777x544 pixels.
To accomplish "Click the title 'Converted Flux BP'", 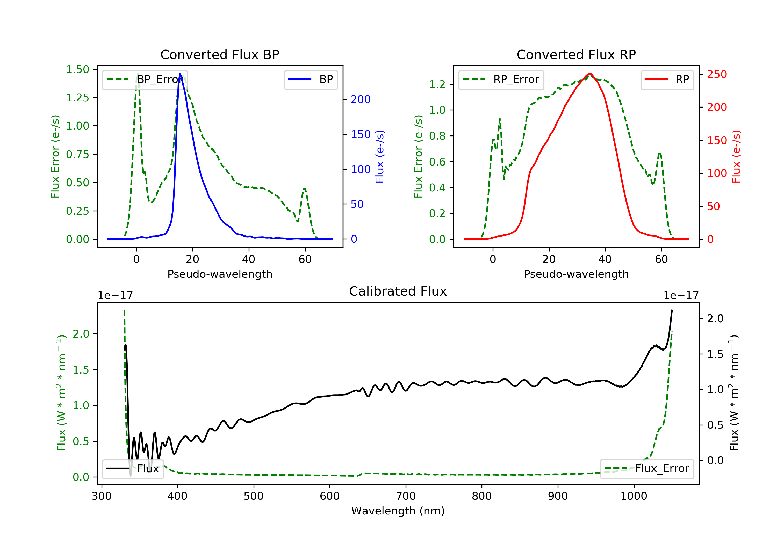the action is pos(220,54).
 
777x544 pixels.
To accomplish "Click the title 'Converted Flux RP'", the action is pos(576,54).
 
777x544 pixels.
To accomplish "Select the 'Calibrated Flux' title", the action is pos(398,291).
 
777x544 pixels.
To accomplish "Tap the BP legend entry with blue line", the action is pos(311,79).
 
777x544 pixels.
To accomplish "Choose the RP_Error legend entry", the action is pos(501,79).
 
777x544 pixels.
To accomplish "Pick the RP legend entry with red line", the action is pos(667,79).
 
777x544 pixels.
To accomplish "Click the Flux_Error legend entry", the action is pos(647,469).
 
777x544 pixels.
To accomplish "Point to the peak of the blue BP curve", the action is pos(180,74).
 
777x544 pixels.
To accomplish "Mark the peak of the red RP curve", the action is pos(590,74).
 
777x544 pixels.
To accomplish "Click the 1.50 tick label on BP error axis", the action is pos(77,69).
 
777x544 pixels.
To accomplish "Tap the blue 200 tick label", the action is pos(361,99).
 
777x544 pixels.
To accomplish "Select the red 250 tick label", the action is pos(717,74).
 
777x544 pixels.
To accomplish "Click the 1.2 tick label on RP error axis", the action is pos(437,84).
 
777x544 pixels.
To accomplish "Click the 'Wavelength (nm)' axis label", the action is pos(398,511).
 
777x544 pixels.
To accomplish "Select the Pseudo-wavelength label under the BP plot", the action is pos(220,274).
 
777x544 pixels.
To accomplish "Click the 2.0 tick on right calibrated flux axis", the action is pos(715,319).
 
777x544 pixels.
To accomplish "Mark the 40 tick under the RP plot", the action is pos(605,259).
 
